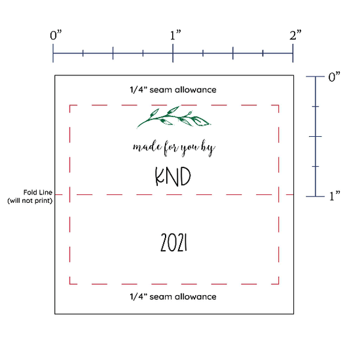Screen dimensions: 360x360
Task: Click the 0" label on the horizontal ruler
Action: [x=56, y=35]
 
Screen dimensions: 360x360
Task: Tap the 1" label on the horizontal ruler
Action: [x=175, y=35]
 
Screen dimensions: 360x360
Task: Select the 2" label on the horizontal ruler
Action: [x=295, y=35]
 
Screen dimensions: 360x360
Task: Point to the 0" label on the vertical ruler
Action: [x=334, y=77]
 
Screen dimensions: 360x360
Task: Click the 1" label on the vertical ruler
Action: [x=334, y=196]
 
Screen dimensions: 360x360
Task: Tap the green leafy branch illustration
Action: [x=174, y=117]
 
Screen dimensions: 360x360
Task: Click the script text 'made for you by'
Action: [x=174, y=148]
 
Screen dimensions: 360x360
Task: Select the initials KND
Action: [x=173, y=176]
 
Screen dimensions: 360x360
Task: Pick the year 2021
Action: [x=173, y=242]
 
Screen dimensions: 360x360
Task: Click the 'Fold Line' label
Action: [x=38, y=192]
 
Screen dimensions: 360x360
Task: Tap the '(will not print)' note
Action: [x=30, y=200]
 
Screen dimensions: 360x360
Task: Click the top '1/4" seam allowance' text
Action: [x=173, y=90]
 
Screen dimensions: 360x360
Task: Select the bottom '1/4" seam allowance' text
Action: [x=173, y=297]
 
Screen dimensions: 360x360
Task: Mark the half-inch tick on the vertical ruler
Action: [x=315, y=137]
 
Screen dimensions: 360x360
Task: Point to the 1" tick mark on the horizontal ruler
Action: [x=173, y=53]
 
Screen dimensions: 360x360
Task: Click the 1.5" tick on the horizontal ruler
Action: [x=233, y=53]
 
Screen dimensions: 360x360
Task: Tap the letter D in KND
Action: [x=185, y=176]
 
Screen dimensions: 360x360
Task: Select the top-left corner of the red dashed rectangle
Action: [x=70, y=105]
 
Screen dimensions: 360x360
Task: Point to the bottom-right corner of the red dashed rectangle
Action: [x=278, y=284]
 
